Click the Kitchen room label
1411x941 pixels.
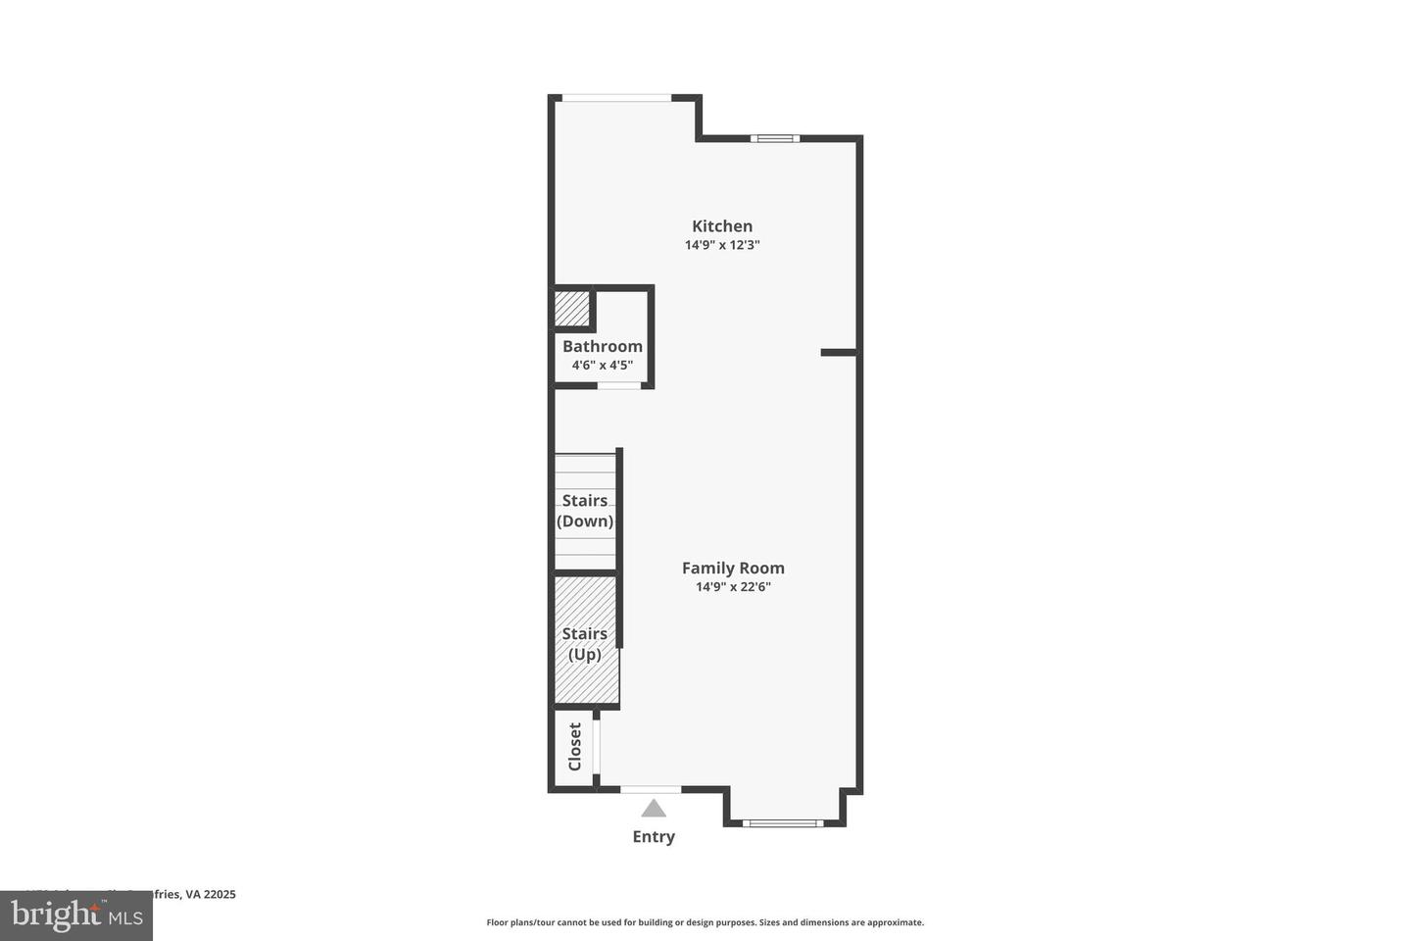[722, 226]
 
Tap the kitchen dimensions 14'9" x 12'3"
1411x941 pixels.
[722, 245]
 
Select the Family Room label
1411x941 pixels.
[733, 568]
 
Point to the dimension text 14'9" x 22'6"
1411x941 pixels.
[733, 587]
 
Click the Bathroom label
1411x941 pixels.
[603, 346]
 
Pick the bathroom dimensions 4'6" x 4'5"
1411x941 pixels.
[603, 366]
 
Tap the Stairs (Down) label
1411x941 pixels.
[585, 511]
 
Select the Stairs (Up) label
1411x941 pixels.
[585, 644]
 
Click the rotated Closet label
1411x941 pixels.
[575, 747]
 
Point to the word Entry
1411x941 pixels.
[654, 836]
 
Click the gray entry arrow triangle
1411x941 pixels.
[654, 810]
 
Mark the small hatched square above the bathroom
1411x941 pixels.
[572, 309]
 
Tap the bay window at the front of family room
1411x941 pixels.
[783, 822]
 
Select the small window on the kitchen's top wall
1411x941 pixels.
[775, 138]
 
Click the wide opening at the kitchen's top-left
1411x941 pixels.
[616, 98]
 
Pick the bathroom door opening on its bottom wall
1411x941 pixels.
[619, 385]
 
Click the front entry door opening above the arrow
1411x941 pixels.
[651, 789]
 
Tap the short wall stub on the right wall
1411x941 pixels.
[839, 352]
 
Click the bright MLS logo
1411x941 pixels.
[75, 916]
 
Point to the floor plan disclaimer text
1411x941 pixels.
[705, 922]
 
